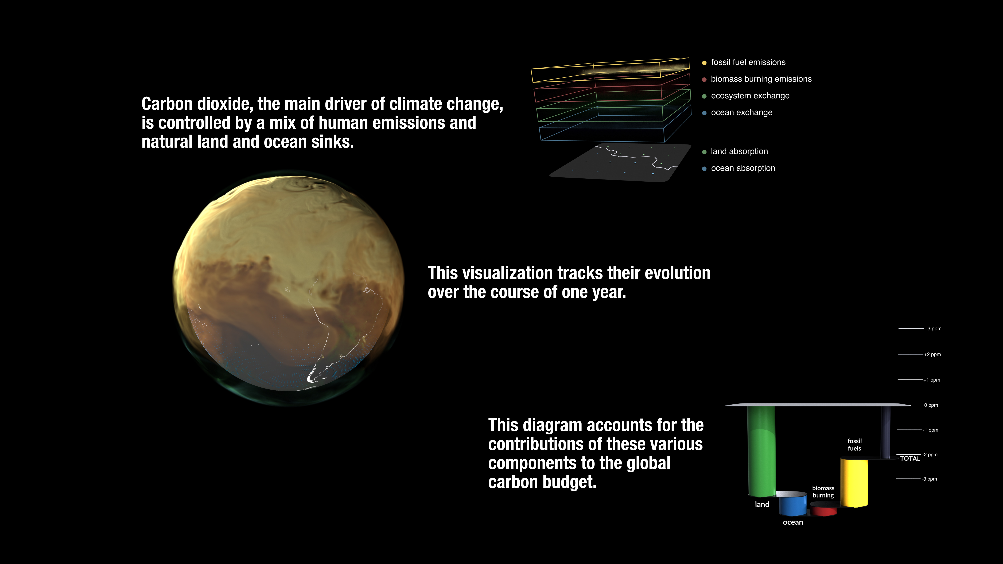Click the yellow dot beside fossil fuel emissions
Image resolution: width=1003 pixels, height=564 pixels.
704,63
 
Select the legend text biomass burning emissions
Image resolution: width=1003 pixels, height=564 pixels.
761,79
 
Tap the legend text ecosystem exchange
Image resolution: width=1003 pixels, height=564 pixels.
750,96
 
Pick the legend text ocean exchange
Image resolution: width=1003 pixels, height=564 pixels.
742,112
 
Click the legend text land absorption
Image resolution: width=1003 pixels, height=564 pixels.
739,151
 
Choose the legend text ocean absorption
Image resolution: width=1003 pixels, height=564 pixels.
743,168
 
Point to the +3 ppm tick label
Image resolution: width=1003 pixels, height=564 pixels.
933,328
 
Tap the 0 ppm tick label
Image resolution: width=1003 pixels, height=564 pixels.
931,405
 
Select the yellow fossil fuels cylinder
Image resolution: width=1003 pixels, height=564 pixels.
854,483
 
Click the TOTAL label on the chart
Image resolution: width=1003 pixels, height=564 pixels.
910,459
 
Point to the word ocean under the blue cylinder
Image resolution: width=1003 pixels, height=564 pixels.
793,522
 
